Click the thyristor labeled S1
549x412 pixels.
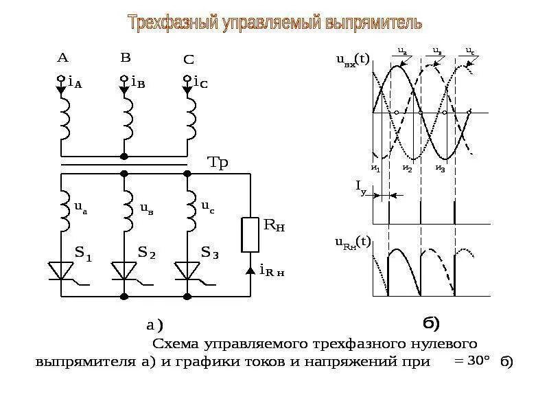pyautogui.click(x=63, y=271)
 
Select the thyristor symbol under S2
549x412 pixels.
pyautogui.click(x=124, y=271)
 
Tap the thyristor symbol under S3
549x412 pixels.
pyautogui.click(x=187, y=271)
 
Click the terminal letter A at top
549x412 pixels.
pyautogui.click(x=62, y=58)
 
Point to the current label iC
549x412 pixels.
pyautogui.click(x=200, y=82)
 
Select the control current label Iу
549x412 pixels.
pyautogui.click(x=360, y=185)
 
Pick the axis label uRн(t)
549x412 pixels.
pyautogui.click(x=353, y=242)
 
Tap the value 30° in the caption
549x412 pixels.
pyautogui.click(x=478, y=362)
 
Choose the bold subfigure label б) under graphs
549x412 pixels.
pyautogui.click(x=430, y=322)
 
